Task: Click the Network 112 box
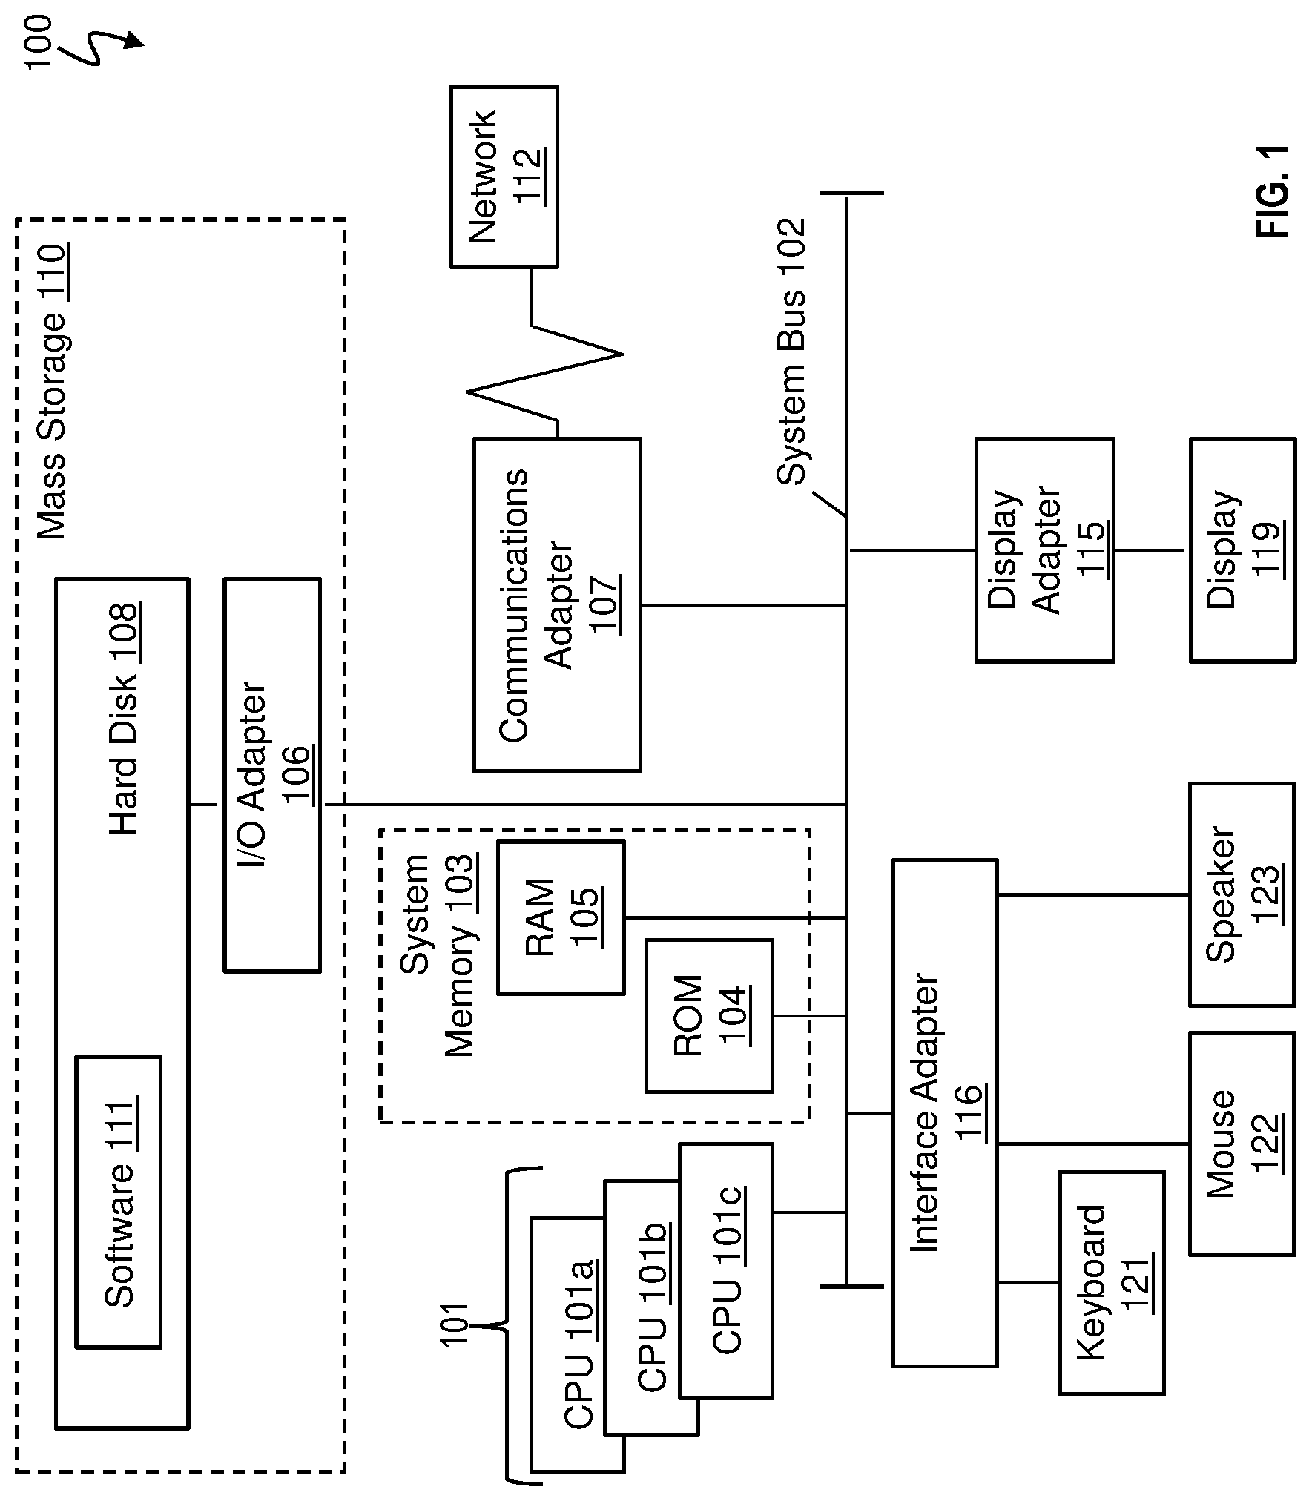(504, 177)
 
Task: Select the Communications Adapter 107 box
(557, 605)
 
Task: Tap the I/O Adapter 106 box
(272, 775)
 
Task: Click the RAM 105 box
(561, 917)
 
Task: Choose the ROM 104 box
(709, 1016)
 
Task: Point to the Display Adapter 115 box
(1044, 550)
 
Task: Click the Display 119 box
(1243, 550)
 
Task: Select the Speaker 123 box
(1243, 894)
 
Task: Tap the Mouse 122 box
(1243, 1144)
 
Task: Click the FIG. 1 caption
(1273, 191)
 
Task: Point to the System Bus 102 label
(791, 352)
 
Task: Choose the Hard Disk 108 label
(123, 719)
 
